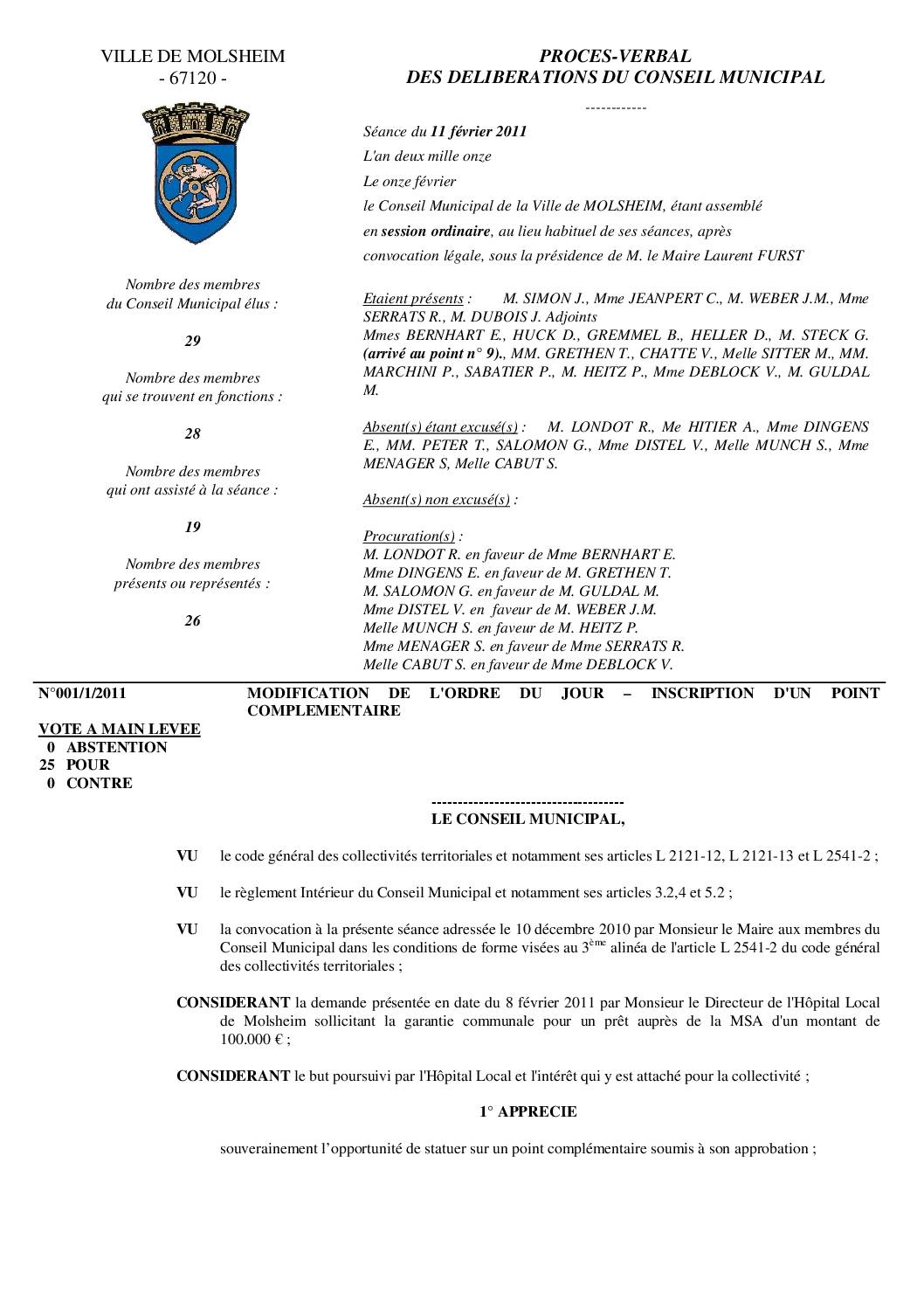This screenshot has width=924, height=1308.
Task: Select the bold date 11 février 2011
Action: [x=479, y=132]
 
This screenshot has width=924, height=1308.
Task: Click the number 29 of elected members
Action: [x=192, y=341]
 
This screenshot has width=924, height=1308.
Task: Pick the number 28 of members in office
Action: [x=192, y=433]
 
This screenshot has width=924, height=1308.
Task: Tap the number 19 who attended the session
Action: [x=192, y=527]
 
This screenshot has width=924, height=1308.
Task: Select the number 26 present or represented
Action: [x=192, y=620]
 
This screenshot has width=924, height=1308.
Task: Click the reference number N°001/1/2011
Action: [x=82, y=693]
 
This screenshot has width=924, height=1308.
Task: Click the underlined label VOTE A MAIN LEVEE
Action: [x=120, y=729]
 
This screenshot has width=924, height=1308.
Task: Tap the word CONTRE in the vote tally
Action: [x=100, y=783]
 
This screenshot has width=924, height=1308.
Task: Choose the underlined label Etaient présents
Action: [x=413, y=298]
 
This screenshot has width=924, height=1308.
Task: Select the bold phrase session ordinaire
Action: [x=436, y=232]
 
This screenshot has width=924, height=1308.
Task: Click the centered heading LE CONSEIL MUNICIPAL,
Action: [x=528, y=820]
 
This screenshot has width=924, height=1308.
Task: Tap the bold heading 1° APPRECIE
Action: [x=528, y=1111]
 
